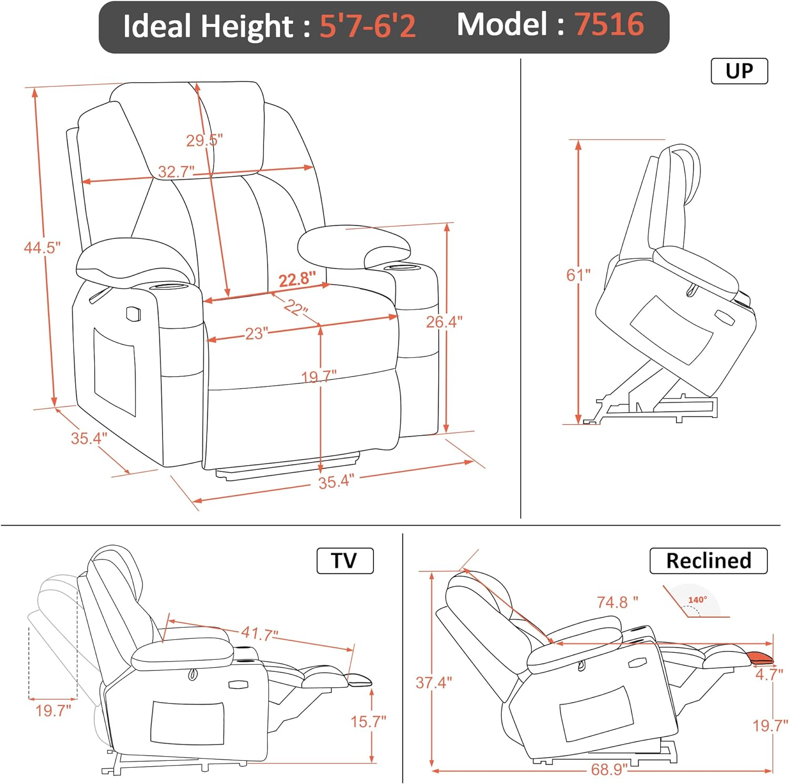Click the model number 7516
609,25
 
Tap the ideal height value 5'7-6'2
368,26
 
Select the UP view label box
739,71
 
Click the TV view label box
345,561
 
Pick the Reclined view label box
708,561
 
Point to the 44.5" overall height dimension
42,247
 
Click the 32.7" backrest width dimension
176,172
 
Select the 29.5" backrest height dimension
204,140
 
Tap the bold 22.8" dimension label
297,279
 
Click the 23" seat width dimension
257,334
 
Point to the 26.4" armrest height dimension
444,321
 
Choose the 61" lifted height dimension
578,275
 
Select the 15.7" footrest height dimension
368,721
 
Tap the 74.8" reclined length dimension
617,602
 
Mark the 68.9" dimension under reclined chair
609,770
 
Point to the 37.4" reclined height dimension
433,683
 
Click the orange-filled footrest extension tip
760,657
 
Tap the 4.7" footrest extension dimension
769,674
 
